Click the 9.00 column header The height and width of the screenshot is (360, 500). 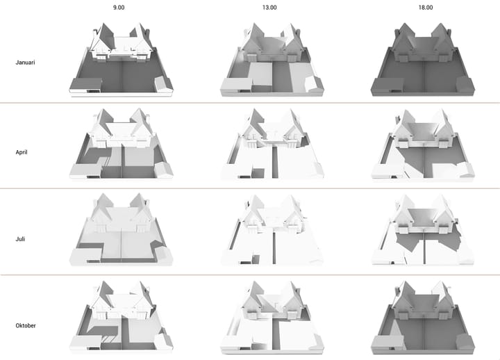(119, 8)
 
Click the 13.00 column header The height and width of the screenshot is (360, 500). (269, 8)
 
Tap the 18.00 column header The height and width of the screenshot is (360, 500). (426, 8)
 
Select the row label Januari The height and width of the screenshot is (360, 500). (25, 63)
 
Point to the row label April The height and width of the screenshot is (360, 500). (22, 152)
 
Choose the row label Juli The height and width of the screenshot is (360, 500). (20, 239)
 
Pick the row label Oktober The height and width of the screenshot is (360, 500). (26, 325)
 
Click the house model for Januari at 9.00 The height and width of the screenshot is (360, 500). (121, 60)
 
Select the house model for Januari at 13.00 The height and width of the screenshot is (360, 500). (272, 60)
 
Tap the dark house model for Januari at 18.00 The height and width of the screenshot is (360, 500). (423, 60)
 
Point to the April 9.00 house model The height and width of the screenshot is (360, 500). (121, 144)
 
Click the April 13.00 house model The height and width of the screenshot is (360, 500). (272, 144)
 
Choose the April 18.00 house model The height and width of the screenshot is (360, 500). (423, 144)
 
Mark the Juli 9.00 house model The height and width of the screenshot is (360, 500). (121, 229)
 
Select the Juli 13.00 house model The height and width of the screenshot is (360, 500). (272, 229)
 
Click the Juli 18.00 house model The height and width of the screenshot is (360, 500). (423, 229)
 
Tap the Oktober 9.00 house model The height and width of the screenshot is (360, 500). (121, 317)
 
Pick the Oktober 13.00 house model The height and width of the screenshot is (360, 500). (272, 317)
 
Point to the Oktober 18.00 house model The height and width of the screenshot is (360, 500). (423, 317)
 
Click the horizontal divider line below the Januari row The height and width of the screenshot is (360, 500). (250, 103)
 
